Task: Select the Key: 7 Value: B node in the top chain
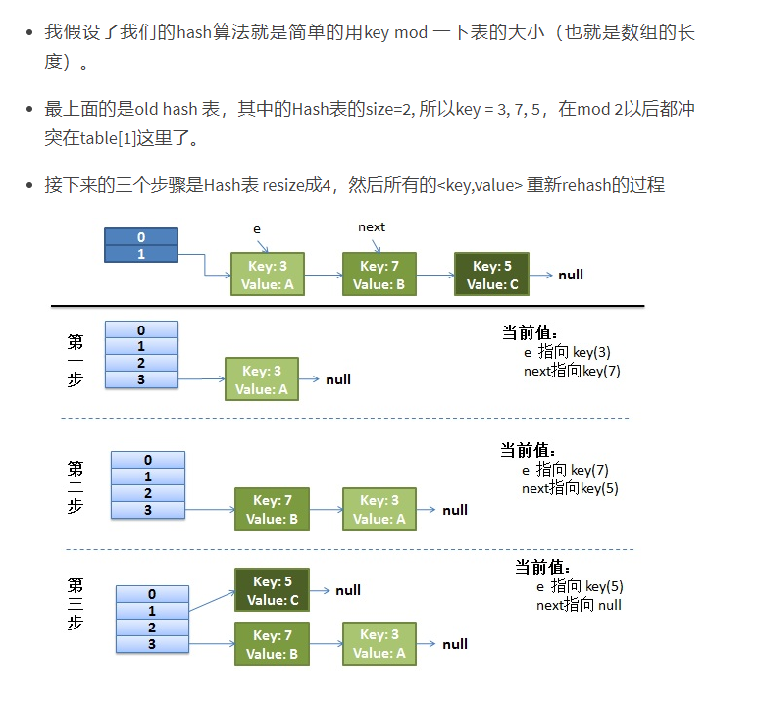point(379,275)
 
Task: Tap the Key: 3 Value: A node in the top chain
point(267,275)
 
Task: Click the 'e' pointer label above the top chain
point(257,228)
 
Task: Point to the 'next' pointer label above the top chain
point(372,227)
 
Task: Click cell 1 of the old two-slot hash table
point(141,254)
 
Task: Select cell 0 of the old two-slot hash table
point(141,237)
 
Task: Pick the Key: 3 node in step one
point(262,379)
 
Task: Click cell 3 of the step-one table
point(141,378)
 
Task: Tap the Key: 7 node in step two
point(272,509)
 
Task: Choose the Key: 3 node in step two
point(379,509)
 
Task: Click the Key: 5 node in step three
point(272,590)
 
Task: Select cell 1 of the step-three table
point(152,611)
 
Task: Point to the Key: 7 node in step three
point(272,644)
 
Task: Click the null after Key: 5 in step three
point(348,590)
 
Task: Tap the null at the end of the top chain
point(571,275)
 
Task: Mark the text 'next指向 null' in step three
point(579,605)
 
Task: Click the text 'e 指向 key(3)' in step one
point(567,352)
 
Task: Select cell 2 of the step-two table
point(148,493)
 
